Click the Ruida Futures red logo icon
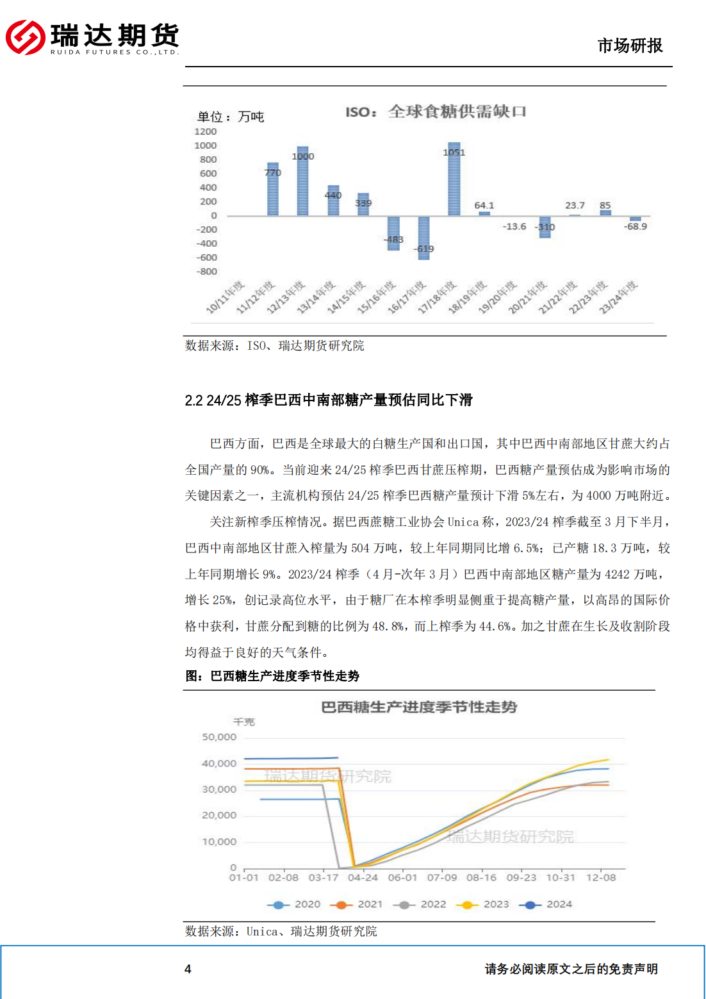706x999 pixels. pyautogui.click(x=26, y=37)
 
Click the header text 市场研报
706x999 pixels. pyautogui.click(x=630, y=45)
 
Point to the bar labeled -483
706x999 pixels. pyautogui.click(x=393, y=233)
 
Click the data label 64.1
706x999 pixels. pyautogui.click(x=484, y=206)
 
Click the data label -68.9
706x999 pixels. pyautogui.click(x=636, y=227)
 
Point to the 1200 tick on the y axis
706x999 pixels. pyautogui.click(x=206, y=131)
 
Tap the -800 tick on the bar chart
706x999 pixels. pyautogui.click(x=206, y=272)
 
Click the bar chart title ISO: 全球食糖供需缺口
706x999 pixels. pyautogui.click(x=436, y=112)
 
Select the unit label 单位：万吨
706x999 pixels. pyautogui.click(x=231, y=117)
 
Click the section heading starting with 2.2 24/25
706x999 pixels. pyautogui.click(x=328, y=400)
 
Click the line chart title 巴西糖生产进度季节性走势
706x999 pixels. pyautogui.click(x=419, y=707)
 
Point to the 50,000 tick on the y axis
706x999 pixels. pyautogui.click(x=219, y=738)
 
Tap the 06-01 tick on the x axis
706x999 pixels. pyautogui.click(x=402, y=878)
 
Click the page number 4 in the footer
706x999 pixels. pyautogui.click(x=188, y=969)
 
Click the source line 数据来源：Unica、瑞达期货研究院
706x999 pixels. pyautogui.click(x=281, y=931)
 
